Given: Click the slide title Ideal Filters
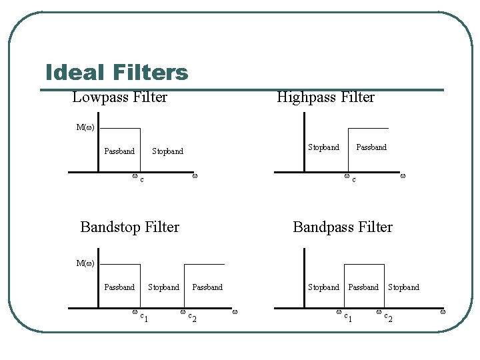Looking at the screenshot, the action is coord(117,72).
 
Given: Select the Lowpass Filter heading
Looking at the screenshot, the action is coord(120,97).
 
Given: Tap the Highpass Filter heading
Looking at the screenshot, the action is coord(325,97).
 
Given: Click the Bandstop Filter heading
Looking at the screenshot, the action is coord(129,227).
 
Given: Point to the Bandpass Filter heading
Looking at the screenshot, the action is coord(343,227).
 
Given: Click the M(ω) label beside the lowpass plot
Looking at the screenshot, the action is coord(85,127).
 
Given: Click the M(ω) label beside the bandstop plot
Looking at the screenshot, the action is coord(85,263).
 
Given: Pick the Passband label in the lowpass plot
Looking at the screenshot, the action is coord(119,151).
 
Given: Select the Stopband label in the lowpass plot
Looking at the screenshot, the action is coord(167,151).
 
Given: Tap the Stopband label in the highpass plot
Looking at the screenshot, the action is coord(323,147).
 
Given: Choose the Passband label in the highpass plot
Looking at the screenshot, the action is coord(371,147).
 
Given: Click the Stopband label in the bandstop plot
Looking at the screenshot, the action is coord(163,287).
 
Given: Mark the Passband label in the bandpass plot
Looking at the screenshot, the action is coord(363,287).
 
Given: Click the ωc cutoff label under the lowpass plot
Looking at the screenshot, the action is coord(138,178).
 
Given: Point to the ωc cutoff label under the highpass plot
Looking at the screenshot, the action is coord(349,178).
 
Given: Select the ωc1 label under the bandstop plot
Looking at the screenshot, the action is coord(139,315).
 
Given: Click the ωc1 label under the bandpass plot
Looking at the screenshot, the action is coord(344,315).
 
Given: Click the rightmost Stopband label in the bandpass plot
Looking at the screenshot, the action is coord(404,287).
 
